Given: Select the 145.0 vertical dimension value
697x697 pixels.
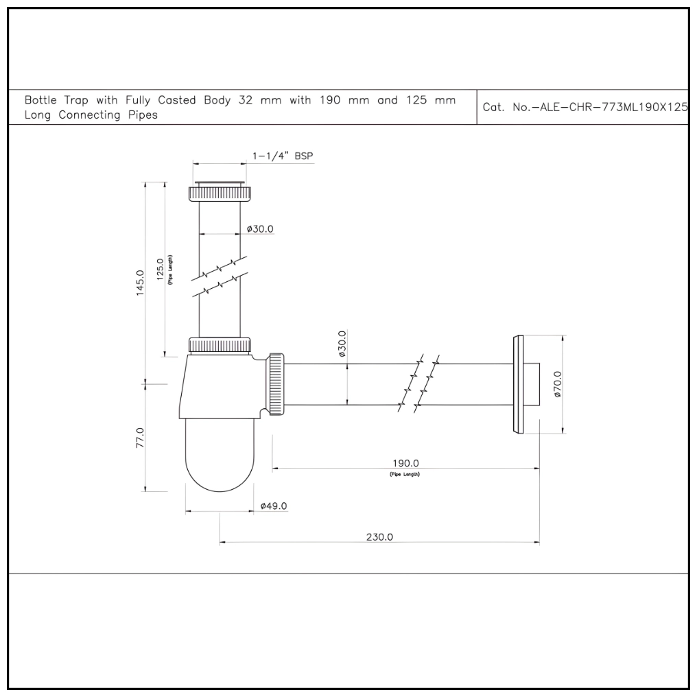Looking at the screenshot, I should point(140,281).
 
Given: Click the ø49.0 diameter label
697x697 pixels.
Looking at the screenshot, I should point(274,506).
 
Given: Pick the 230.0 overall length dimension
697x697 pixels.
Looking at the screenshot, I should point(379,537).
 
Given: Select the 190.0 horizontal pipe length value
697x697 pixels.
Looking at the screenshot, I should point(405,463).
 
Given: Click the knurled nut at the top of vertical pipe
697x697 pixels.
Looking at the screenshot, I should point(220,191).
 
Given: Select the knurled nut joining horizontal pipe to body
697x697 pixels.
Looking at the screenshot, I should point(276,384).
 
